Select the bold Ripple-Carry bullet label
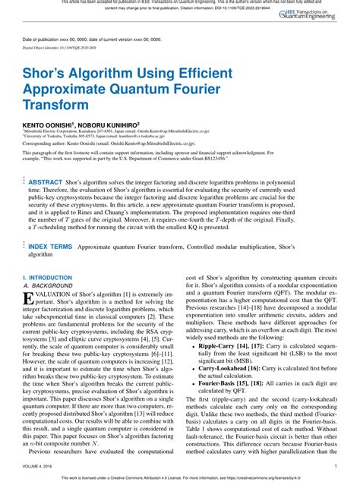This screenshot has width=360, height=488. click(x=218, y=345)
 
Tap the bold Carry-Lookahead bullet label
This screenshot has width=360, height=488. click(x=225, y=367)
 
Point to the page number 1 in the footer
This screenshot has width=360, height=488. click(x=335, y=466)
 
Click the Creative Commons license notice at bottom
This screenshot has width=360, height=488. click(x=179, y=477)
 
